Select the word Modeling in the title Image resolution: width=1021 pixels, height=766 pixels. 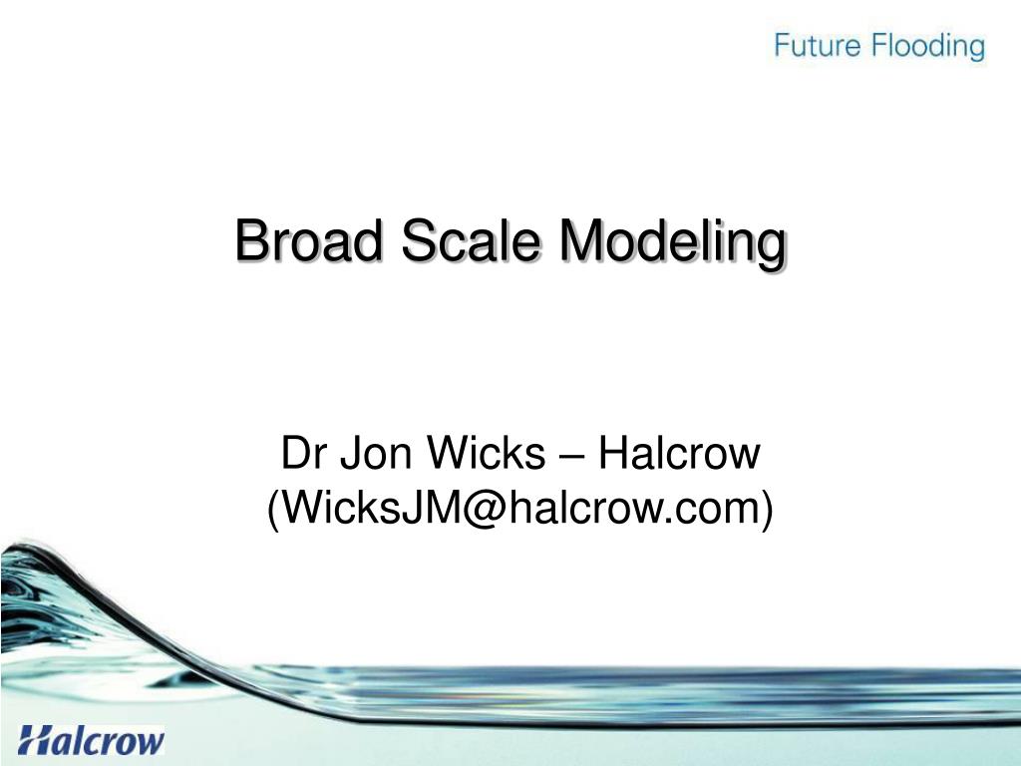[671, 244]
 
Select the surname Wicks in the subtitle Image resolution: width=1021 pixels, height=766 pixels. [479, 456]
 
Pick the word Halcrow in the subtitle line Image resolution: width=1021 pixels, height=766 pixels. [678, 456]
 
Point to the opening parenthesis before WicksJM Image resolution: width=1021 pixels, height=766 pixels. [273, 510]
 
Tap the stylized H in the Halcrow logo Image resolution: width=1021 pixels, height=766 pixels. [36, 741]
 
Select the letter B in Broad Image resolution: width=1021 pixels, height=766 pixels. [250, 242]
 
